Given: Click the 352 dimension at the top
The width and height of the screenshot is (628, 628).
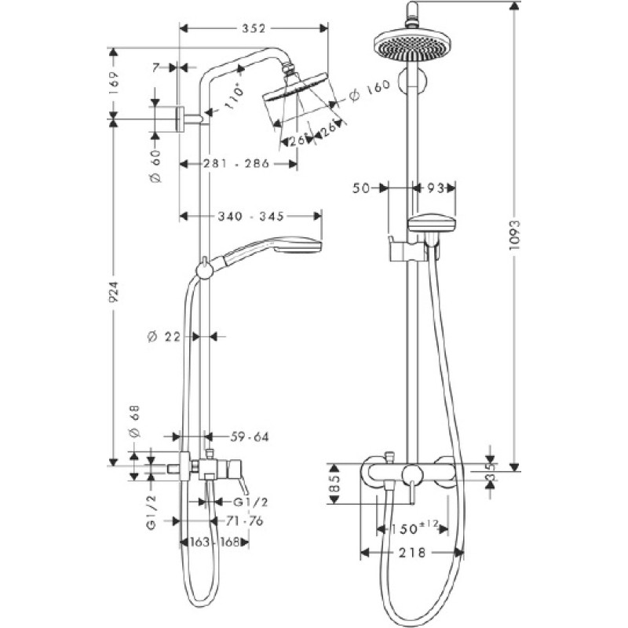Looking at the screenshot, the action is click(254, 28).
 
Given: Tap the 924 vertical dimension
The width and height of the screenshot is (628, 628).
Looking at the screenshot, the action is click(114, 292).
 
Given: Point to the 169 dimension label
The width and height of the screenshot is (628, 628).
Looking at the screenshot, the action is click(114, 83).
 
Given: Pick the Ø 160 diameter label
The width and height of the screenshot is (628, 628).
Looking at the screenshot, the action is click(369, 90).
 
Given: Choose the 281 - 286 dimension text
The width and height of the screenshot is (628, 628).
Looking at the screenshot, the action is click(236, 163).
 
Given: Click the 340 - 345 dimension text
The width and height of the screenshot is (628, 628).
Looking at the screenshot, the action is click(250, 217).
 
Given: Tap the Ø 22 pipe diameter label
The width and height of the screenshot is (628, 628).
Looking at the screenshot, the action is click(164, 338).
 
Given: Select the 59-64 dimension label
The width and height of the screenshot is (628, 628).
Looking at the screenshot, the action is click(250, 436).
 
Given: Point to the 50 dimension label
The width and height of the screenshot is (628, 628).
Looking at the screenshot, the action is click(361, 188).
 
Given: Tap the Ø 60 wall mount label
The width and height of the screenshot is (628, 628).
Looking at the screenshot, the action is click(155, 166).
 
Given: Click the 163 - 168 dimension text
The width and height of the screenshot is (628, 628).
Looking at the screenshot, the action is click(214, 542).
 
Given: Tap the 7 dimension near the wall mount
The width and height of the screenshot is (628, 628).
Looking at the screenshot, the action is click(156, 68).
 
